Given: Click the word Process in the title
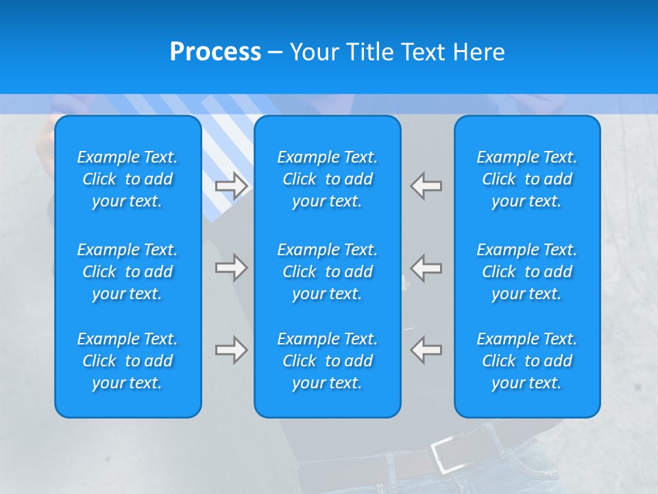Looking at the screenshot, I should coord(215,52).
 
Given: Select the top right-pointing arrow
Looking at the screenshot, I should coord(231,185).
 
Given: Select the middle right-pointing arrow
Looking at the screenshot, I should coord(231,268).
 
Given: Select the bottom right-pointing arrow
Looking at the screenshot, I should coord(231,350).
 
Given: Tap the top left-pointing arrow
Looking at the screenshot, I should coord(426,185).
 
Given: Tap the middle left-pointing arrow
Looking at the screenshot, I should coord(426,268).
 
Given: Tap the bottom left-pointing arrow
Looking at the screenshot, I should coord(426,350).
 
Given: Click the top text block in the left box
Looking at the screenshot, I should coord(127,179).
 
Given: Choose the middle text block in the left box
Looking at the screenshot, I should coord(127,272).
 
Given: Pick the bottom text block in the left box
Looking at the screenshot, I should coord(127,361).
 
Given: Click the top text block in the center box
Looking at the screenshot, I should coord(328,179).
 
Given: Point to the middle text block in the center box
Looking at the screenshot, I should coord(328,272).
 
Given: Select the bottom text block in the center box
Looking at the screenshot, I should coord(328,361).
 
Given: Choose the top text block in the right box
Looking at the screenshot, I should coord(527,179).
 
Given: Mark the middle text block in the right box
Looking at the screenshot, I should coord(527,272).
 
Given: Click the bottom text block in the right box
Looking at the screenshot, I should coord(527,361).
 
